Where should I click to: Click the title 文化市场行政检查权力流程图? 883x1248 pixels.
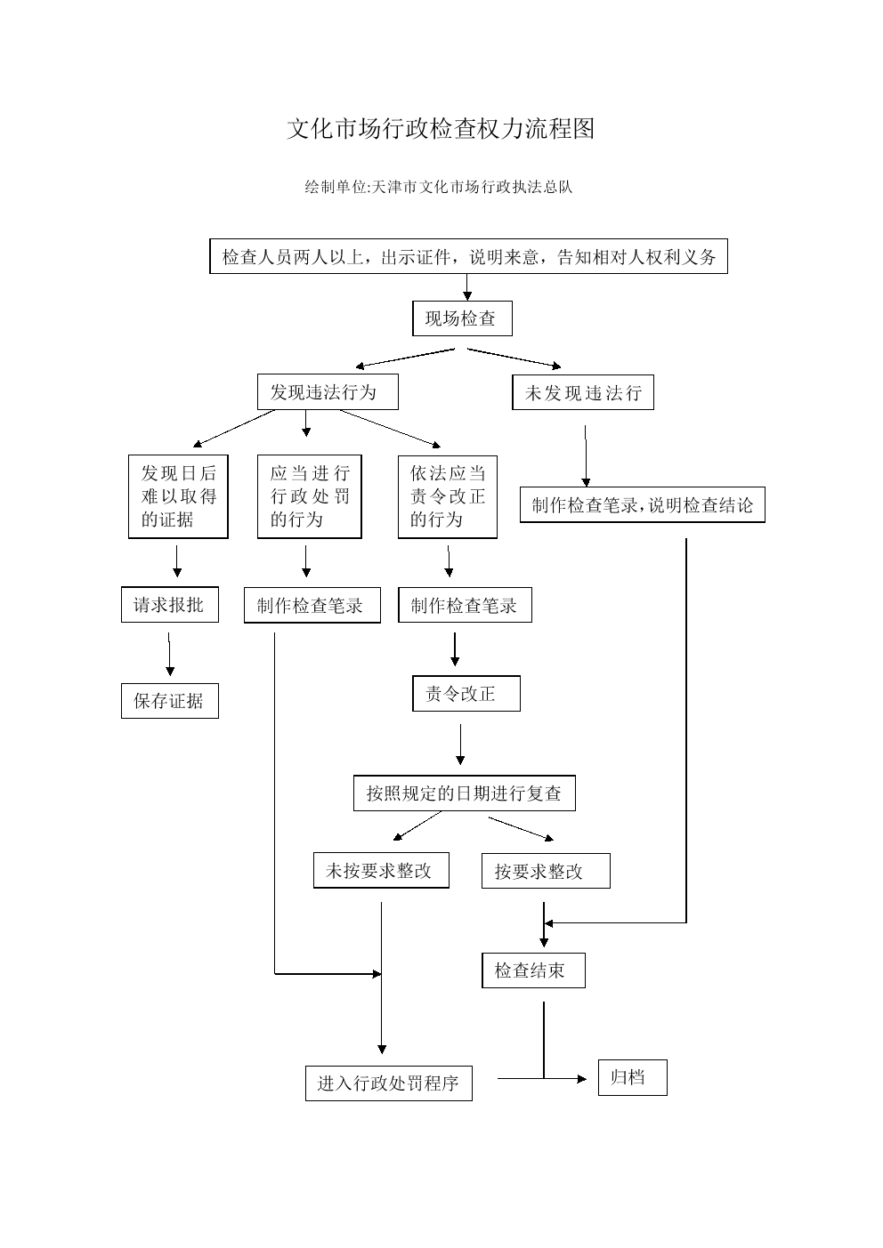click(441, 129)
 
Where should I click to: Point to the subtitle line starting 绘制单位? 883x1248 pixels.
click(439, 187)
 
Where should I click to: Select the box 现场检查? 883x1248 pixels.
click(462, 318)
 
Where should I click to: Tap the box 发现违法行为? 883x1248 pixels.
click(328, 392)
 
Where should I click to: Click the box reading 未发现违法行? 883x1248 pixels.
click(583, 393)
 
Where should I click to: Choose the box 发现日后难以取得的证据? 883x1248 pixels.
click(178, 496)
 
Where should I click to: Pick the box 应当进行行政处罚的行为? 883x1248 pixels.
click(310, 496)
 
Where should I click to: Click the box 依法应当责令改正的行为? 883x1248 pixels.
click(448, 497)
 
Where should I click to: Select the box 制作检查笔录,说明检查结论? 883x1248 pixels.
click(642, 504)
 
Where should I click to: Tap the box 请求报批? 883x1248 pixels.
click(170, 605)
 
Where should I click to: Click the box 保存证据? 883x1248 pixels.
click(170, 701)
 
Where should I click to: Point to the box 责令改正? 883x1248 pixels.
click(466, 694)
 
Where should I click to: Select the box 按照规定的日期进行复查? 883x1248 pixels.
click(465, 793)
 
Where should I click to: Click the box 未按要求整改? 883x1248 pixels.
click(381, 870)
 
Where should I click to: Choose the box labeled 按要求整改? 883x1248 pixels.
click(546, 871)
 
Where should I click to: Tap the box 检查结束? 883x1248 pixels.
click(533, 970)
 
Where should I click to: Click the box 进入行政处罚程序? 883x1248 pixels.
click(389, 1083)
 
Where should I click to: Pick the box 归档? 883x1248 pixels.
click(633, 1077)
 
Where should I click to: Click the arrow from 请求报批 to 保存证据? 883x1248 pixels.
click(169, 654)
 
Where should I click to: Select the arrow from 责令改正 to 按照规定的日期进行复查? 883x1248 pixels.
click(460, 745)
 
